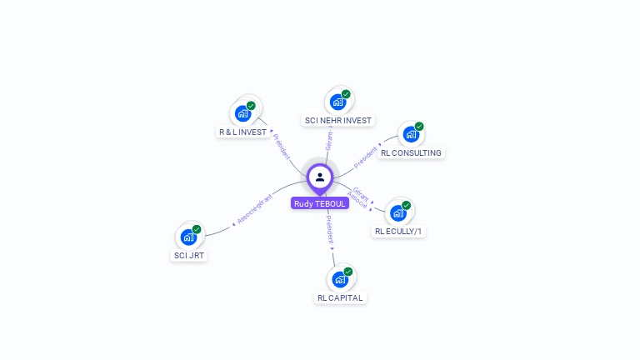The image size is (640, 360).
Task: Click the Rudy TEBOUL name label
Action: pos(320,203)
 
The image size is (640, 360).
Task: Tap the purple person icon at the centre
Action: pos(320,177)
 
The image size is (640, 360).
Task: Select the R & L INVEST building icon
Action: pos(244,112)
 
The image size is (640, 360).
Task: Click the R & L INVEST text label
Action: pos(242,132)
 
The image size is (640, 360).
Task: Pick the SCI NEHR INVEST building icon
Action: pos(338,102)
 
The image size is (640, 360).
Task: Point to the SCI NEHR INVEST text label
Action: pos(338,121)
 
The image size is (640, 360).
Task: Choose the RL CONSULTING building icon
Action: pos(411,134)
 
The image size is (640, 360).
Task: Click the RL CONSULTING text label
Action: pos(412,153)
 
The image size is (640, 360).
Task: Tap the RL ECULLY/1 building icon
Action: pos(399,212)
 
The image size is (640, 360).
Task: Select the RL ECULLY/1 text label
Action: pos(399,232)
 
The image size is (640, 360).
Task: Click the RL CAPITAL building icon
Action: pos(340,278)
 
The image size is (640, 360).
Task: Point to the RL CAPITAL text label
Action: pos(341,297)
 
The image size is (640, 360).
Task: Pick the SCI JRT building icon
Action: pos(189,237)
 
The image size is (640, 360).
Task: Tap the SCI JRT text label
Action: pos(189,256)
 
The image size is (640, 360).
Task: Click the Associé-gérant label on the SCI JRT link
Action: pos(254,209)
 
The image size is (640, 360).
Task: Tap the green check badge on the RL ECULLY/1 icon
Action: pos(407,205)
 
